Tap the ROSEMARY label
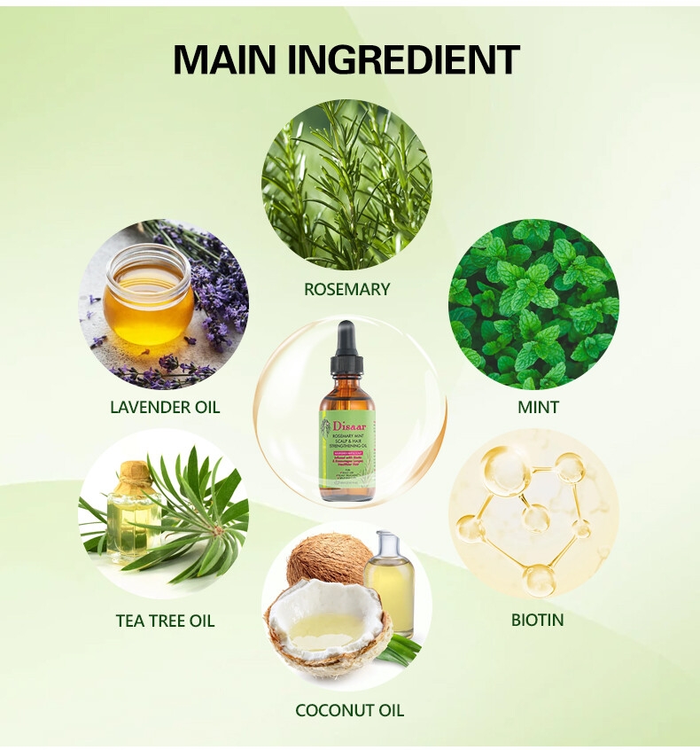pos(346,289)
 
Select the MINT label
pos(538,407)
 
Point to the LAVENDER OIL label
pos(165,407)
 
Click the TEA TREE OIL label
pos(165,621)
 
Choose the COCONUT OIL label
pos(349,710)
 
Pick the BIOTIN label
pos(537,620)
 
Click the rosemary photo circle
pos(346,184)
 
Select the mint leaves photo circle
pos(534,303)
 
